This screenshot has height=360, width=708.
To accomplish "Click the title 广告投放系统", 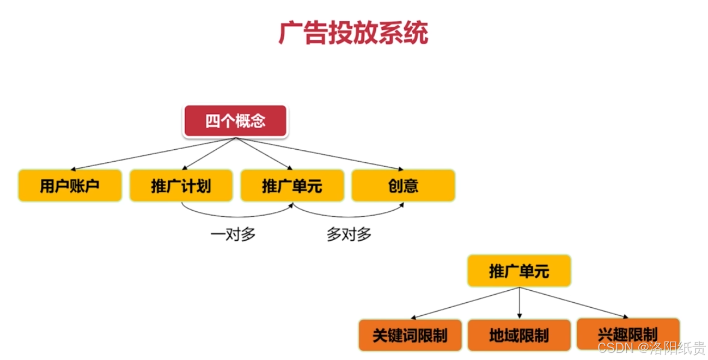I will tap(353, 33).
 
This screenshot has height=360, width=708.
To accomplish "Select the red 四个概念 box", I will tap(235, 121).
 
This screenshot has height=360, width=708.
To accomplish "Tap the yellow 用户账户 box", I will tap(70, 186).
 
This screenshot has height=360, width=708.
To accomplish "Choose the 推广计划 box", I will tap(181, 186).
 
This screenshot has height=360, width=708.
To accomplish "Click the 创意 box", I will tap(403, 186).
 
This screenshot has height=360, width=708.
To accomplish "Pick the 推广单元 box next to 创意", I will tap(292, 186).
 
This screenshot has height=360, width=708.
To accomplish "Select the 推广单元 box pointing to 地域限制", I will tap(519, 271).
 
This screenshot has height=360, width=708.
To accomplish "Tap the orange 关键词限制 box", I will tap(410, 335).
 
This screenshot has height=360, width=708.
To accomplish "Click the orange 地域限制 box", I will tap(519, 335).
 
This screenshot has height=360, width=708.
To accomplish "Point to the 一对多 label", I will tap(233, 235).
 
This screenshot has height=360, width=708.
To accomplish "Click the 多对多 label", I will tap(349, 235).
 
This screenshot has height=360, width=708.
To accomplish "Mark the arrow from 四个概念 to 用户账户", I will tap(152, 154).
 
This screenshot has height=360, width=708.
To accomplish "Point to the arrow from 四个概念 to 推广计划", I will tap(210, 153).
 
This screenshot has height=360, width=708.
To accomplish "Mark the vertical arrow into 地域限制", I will tap(519, 303).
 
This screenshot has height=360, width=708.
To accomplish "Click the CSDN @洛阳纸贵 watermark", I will tap(651, 347).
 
